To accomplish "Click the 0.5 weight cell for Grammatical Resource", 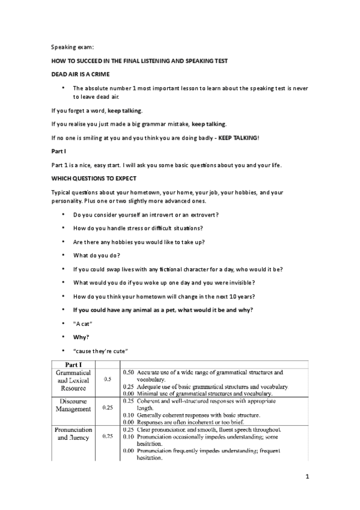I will [108, 379].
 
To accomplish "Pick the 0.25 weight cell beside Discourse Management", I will [108, 408].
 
